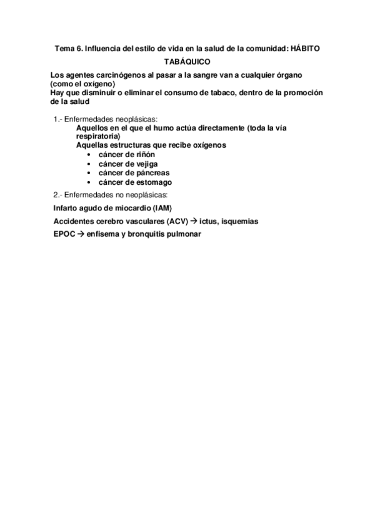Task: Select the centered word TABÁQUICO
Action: click(x=187, y=62)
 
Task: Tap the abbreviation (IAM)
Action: click(x=160, y=208)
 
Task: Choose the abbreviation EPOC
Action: click(x=64, y=235)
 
